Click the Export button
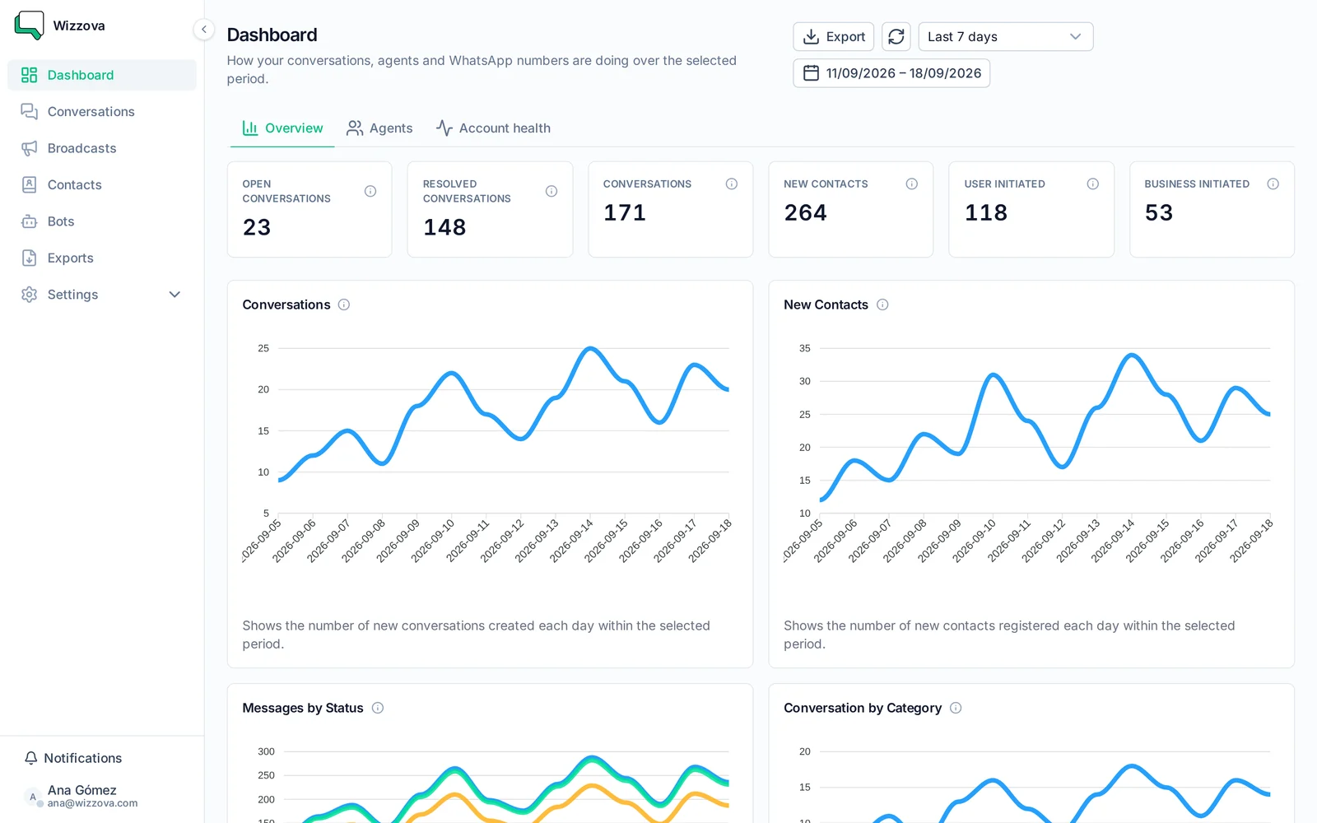coord(833,36)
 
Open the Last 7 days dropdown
coord(1005,36)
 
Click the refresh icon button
coord(896,36)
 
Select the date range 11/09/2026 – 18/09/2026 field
coord(891,73)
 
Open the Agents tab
coord(379,128)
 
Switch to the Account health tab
coord(493,128)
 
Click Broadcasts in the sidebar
coord(81,148)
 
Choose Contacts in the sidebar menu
coord(75,184)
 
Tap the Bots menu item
coord(61,221)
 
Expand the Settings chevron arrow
coord(175,295)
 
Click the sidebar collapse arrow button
coord(204,29)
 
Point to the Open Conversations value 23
coord(257,227)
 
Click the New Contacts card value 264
coord(806,213)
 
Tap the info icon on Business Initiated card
coord(1273,184)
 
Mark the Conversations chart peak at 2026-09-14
coord(590,349)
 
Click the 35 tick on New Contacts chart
coord(804,349)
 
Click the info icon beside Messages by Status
coord(378,708)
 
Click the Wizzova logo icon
coord(29,26)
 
